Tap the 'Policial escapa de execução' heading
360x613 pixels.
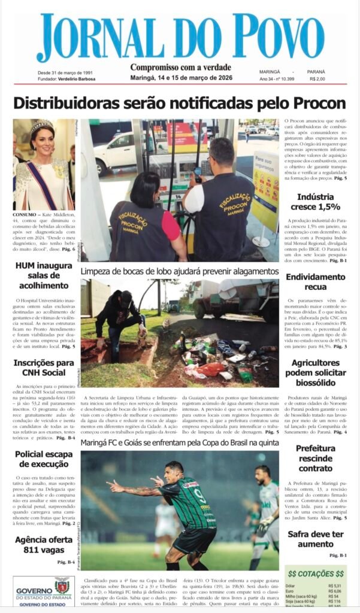[x=44, y=459]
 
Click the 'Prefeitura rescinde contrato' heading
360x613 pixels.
[x=319, y=458]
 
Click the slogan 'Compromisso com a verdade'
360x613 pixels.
[x=180, y=68]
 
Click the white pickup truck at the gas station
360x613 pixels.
[x=116, y=151]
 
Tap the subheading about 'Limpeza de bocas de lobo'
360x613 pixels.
[x=180, y=271]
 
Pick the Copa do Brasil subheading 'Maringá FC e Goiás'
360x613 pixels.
[x=180, y=442]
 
